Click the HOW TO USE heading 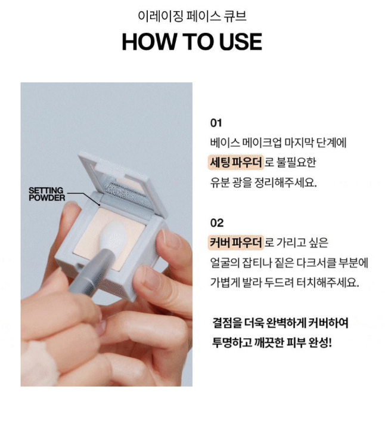(x=192, y=42)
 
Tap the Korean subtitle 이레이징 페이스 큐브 (x=192, y=16)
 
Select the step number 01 (x=216, y=123)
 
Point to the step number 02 (x=217, y=223)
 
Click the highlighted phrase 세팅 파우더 (x=236, y=162)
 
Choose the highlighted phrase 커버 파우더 (x=236, y=242)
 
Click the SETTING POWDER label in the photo (x=47, y=194)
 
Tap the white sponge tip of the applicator (x=114, y=236)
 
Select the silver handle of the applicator (x=91, y=274)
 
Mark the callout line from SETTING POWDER (x=83, y=197)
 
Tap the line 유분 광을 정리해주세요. (x=263, y=183)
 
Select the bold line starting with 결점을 (x=280, y=323)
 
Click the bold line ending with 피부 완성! (x=272, y=342)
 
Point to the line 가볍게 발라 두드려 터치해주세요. (x=284, y=283)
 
